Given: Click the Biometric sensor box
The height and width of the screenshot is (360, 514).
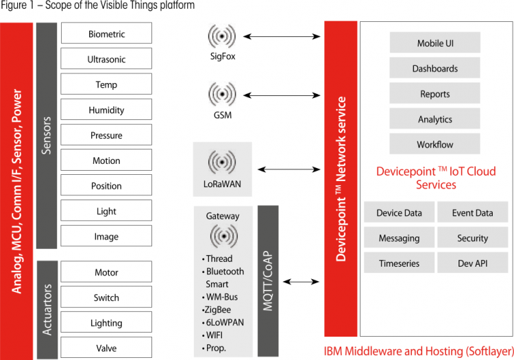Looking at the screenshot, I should (106, 34).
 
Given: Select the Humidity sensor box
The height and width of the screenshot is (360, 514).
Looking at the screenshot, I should (106, 110).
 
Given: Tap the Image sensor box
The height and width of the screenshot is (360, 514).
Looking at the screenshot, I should (106, 237).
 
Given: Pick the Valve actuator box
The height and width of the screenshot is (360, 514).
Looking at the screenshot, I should (106, 348).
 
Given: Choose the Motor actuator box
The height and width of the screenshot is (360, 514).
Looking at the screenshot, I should (106, 272).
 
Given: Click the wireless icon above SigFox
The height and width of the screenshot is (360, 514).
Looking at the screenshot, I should (222, 35).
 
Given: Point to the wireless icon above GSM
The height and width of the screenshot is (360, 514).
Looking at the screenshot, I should (222, 92).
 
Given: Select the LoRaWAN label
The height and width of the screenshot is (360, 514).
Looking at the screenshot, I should (222, 184).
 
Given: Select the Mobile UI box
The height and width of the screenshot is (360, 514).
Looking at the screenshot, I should (435, 43).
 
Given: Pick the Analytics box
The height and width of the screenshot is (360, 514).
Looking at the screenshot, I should (435, 119).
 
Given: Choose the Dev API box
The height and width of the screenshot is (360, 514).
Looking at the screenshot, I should (472, 263).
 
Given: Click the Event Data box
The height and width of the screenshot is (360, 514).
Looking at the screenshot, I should (472, 213).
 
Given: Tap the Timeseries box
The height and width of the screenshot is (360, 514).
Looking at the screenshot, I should (399, 263).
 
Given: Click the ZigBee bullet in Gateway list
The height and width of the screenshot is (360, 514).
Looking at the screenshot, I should (220, 309).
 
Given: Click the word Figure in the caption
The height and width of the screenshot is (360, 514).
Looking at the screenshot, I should (15, 6).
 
